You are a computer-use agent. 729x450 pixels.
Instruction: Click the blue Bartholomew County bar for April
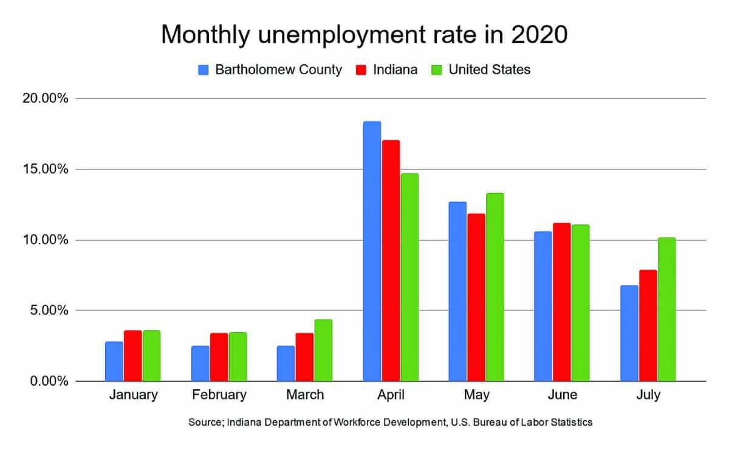tap(372, 251)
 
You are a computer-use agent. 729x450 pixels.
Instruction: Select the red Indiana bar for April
tap(391, 261)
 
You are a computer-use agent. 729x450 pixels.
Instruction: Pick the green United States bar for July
tap(666, 309)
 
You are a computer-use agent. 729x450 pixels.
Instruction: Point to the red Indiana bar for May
tap(476, 297)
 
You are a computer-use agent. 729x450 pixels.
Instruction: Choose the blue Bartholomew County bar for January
tap(114, 361)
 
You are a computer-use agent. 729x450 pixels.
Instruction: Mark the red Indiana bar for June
tap(562, 302)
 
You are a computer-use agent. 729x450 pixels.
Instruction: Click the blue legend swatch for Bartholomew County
tap(204, 70)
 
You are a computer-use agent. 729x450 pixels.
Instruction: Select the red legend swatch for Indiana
tap(360, 70)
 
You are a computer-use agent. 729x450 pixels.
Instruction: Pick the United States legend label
tap(489, 70)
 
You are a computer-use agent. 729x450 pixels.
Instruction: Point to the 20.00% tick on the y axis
tap(46, 98)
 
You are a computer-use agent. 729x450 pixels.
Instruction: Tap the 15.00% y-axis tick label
tap(46, 169)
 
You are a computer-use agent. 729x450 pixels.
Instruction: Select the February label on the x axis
tap(219, 395)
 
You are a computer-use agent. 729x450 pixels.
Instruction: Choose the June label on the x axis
tap(562, 395)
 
